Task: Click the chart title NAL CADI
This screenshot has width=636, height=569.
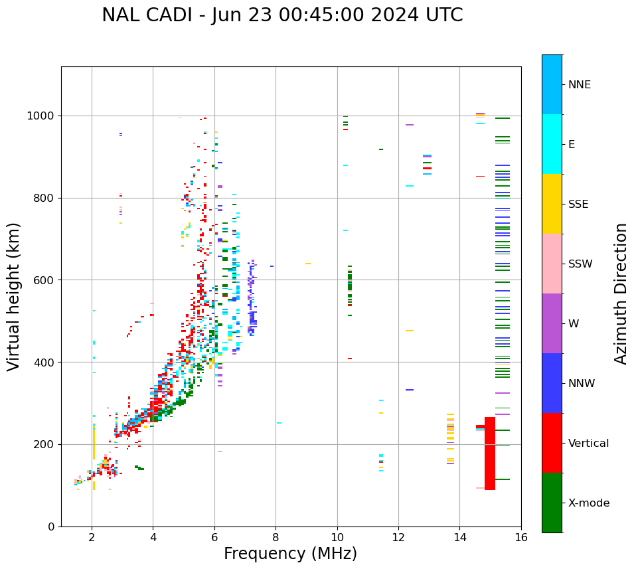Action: (282, 15)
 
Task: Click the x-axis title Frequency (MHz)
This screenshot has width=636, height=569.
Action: (290, 554)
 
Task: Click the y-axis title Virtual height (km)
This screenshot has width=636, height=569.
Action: (14, 296)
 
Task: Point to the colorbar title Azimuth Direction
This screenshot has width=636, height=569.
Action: (621, 293)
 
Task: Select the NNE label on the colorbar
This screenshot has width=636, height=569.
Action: (580, 85)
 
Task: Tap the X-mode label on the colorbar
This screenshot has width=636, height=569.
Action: (589, 503)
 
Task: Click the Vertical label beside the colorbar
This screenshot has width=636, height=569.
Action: (588, 443)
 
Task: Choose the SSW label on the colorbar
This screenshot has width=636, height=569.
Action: (580, 264)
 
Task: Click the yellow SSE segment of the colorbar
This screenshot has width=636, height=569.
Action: (552, 203)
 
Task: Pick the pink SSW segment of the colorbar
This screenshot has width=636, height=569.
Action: (552, 263)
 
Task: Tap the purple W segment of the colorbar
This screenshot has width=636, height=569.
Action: (552, 323)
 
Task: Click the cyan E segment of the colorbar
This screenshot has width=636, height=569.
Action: (552, 143)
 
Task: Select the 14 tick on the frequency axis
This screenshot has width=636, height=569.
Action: (460, 536)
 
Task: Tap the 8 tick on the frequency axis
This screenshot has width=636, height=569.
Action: (276, 536)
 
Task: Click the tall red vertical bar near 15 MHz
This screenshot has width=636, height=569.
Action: (490, 453)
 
